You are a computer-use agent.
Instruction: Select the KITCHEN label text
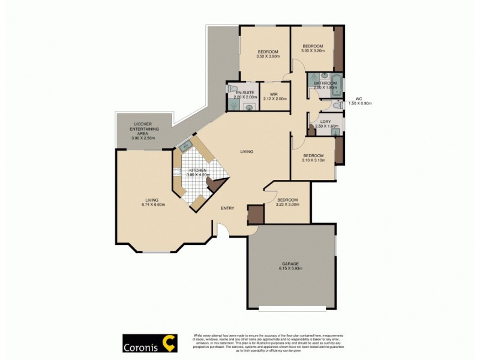click(x=199, y=170)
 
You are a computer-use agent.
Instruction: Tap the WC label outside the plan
click(x=359, y=98)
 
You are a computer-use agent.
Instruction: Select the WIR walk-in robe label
click(x=273, y=94)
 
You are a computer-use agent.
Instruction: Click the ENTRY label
click(x=227, y=208)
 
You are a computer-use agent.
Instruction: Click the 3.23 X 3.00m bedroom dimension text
click(x=287, y=205)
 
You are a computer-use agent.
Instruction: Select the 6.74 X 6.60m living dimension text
click(x=150, y=205)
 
